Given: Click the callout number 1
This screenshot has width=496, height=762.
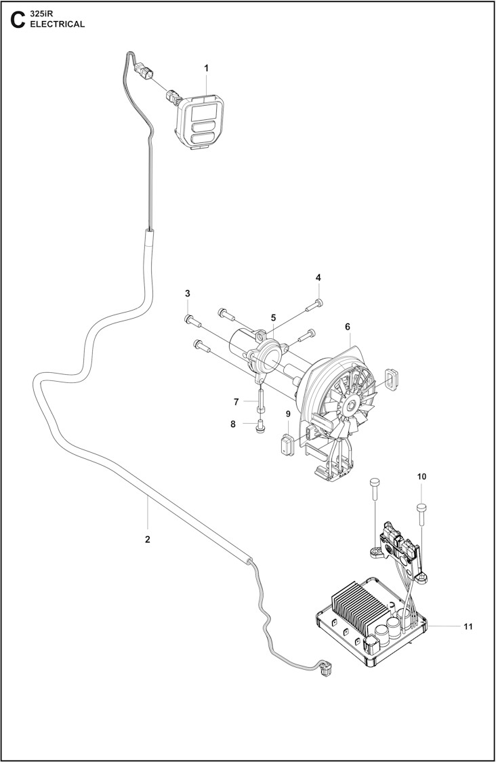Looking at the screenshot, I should point(206,68).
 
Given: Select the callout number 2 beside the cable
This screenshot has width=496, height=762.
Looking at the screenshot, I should point(148,540).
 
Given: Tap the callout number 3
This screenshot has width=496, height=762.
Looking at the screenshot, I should point(188,294).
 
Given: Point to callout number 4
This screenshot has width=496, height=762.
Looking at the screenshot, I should point(318,278).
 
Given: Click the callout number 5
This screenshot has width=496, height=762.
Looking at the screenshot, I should point(273,317).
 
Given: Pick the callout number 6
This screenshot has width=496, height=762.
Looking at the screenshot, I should point(348,327).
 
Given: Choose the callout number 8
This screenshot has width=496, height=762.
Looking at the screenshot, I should point(233,424).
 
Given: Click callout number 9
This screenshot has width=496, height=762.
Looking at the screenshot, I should point(288,414).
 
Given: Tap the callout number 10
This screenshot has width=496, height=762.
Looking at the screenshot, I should point(421,477).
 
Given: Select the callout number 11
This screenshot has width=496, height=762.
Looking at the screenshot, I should point(468,626).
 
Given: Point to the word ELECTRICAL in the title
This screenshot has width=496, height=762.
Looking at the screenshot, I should point(58,24).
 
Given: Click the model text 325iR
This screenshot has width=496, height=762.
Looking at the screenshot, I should point(43,14).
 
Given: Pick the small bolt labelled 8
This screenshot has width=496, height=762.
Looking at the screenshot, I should point(260,428).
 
